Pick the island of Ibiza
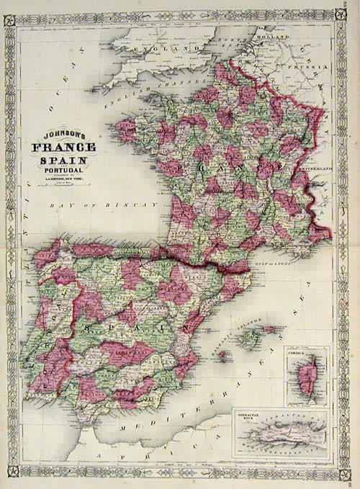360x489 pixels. [x=225, y=356]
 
